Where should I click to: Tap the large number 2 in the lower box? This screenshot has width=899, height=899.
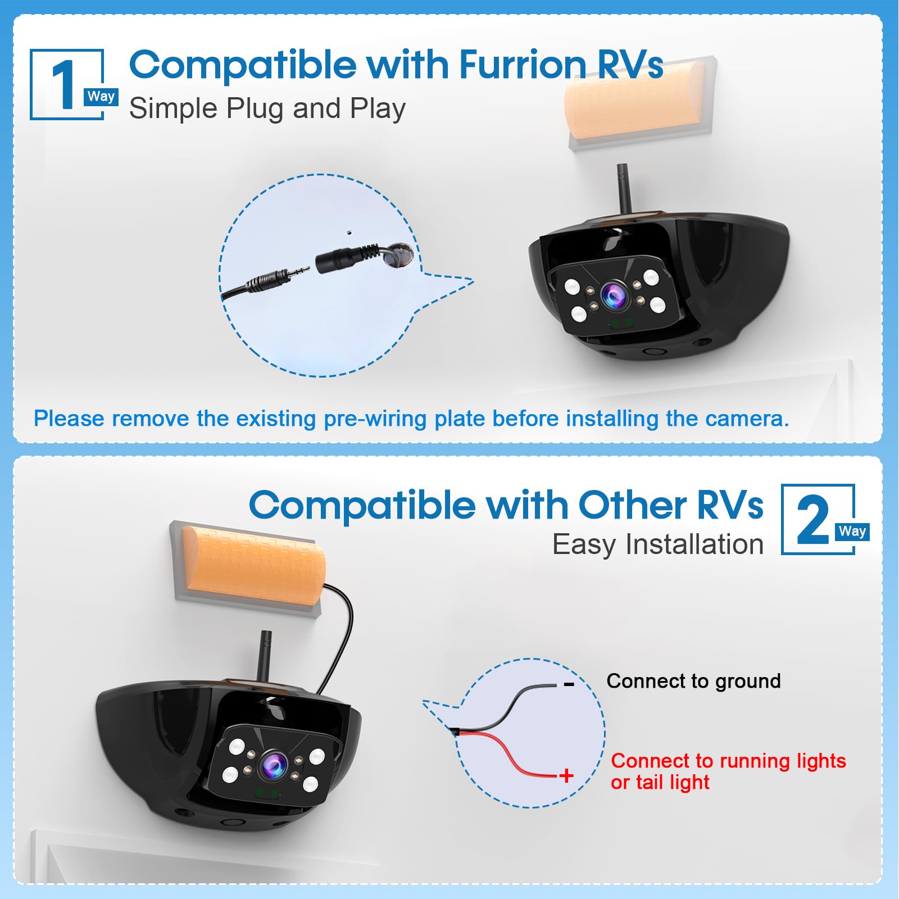[x=812, y=520]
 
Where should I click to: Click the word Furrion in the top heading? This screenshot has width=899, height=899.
[x=523, y=65]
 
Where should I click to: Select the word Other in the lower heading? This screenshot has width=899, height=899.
[x=633, y=505]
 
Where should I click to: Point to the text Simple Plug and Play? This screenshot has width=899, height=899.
[x=267, y=108]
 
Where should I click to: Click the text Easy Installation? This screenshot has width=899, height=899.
[x=657, y=544]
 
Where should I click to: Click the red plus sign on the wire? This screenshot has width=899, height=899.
[x=566, y=776]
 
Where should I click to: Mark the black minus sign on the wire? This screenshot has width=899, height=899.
[x=569, y=684]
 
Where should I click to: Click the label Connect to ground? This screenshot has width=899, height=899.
[x=693, y=681]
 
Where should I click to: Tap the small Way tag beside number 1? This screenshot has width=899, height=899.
[x=101, y=97]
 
